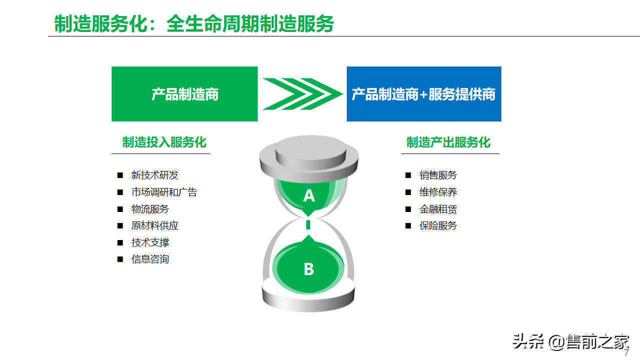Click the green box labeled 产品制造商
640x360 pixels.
(185, 94)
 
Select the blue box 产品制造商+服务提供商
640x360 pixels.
(424, 94)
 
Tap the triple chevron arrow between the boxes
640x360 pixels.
(302, 94)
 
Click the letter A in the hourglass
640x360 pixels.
(309, 196)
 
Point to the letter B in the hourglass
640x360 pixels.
(309, 269)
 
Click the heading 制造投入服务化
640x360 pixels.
(164, 142)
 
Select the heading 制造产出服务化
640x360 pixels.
(448, 142)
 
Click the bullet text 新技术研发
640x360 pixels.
(155, 175)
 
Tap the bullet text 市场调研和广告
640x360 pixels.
(164, 192)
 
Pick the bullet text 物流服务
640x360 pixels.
(150, 209)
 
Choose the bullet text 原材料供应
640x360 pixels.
(155, 225)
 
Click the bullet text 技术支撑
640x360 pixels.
(150, 242)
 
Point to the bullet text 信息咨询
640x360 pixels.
(150, 259)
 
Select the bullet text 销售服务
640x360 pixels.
(438, 175)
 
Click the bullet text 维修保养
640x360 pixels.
(438, 192)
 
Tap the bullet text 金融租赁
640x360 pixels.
(438, 209)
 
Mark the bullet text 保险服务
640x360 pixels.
(438, 225)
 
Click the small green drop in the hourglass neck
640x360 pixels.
(308, 225)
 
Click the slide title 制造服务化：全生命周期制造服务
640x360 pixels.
(194, 23)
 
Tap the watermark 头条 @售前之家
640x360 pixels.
(571, 341)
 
